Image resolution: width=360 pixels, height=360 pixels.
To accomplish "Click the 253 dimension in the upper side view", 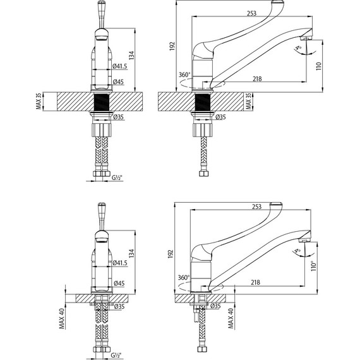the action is [x=251, y=13].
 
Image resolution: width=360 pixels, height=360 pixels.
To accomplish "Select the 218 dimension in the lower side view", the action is [x=255, y=282].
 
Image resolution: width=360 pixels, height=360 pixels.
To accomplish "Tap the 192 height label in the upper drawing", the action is [x=172, y=46].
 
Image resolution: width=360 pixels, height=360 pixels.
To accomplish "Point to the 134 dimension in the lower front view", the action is [x=131, y=253].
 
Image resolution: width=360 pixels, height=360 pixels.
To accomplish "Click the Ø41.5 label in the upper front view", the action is [x=119, y=66].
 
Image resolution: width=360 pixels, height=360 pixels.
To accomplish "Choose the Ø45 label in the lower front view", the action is [x=119, y=284].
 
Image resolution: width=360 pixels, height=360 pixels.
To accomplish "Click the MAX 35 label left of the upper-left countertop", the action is [x=39, y=101].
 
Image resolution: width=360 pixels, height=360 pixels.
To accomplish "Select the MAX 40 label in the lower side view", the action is [x=231, y=318].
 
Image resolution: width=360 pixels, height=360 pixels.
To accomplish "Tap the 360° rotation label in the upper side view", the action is [x=184, y=75].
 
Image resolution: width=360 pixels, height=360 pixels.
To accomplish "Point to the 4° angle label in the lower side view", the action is [x=297, y=251].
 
